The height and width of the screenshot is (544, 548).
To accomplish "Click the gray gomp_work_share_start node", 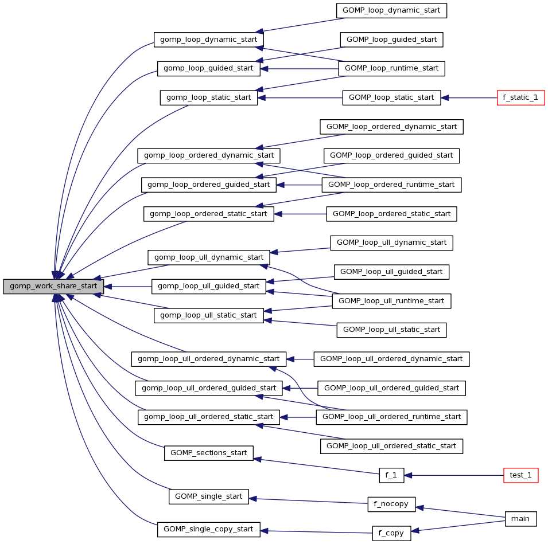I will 54,287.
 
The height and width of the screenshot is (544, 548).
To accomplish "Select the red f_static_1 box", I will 520,97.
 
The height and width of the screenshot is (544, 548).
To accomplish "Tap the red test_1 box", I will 520,475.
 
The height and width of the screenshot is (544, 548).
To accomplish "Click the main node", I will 520,519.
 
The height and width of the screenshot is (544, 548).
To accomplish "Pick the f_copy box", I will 391,533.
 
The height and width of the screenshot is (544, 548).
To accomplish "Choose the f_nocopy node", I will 391,504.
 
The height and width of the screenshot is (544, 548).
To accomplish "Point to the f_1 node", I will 391,475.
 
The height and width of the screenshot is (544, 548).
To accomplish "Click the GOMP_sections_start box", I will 209,453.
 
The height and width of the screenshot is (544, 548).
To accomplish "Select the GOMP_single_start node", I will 209,496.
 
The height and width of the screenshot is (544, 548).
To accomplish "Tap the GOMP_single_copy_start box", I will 209,529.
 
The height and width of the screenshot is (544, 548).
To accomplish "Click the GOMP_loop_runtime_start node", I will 392,68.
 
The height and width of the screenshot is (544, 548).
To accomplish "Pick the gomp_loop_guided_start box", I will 209,68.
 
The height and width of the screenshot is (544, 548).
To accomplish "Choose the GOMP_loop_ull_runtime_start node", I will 392,301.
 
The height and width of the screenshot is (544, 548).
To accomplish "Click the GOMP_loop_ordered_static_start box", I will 392,214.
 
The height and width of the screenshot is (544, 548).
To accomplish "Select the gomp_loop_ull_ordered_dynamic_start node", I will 209,359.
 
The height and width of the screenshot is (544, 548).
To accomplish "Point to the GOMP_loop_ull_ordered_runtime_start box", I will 392,417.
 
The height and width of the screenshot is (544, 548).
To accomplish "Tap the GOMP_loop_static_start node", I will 392,97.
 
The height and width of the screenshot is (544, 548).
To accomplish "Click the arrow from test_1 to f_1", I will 453,475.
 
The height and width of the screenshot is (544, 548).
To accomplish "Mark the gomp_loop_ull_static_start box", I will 209,315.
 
